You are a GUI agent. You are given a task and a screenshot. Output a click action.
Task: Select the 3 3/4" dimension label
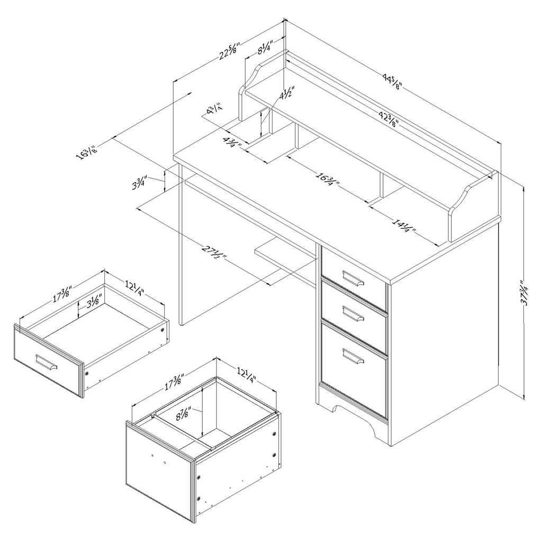[x=140, y=183]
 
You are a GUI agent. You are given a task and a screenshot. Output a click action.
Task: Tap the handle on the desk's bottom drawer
[x=353, y=356]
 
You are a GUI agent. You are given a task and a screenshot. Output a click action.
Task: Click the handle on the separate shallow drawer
[x=46, y=363]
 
